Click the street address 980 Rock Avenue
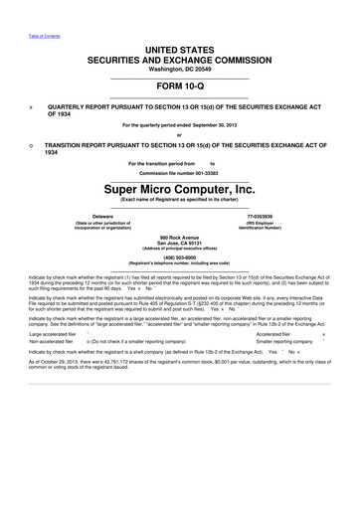[x=179, y=237]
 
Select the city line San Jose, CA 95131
[x=179, y=243]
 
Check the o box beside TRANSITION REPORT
[x=32, y=145]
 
